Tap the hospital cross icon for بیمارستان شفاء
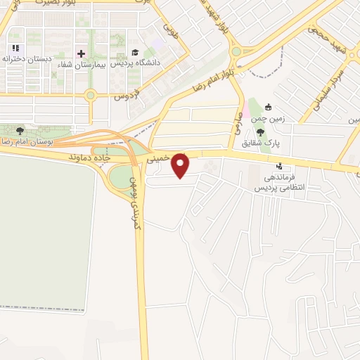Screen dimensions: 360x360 pos(81,53)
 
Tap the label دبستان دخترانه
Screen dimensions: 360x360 pos(28,60)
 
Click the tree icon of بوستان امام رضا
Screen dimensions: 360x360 pos(20,131)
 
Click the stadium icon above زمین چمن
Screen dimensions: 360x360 pos(268,108)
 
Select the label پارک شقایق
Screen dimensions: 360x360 pos(262,143)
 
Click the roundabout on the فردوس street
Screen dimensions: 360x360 pos(90,94)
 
